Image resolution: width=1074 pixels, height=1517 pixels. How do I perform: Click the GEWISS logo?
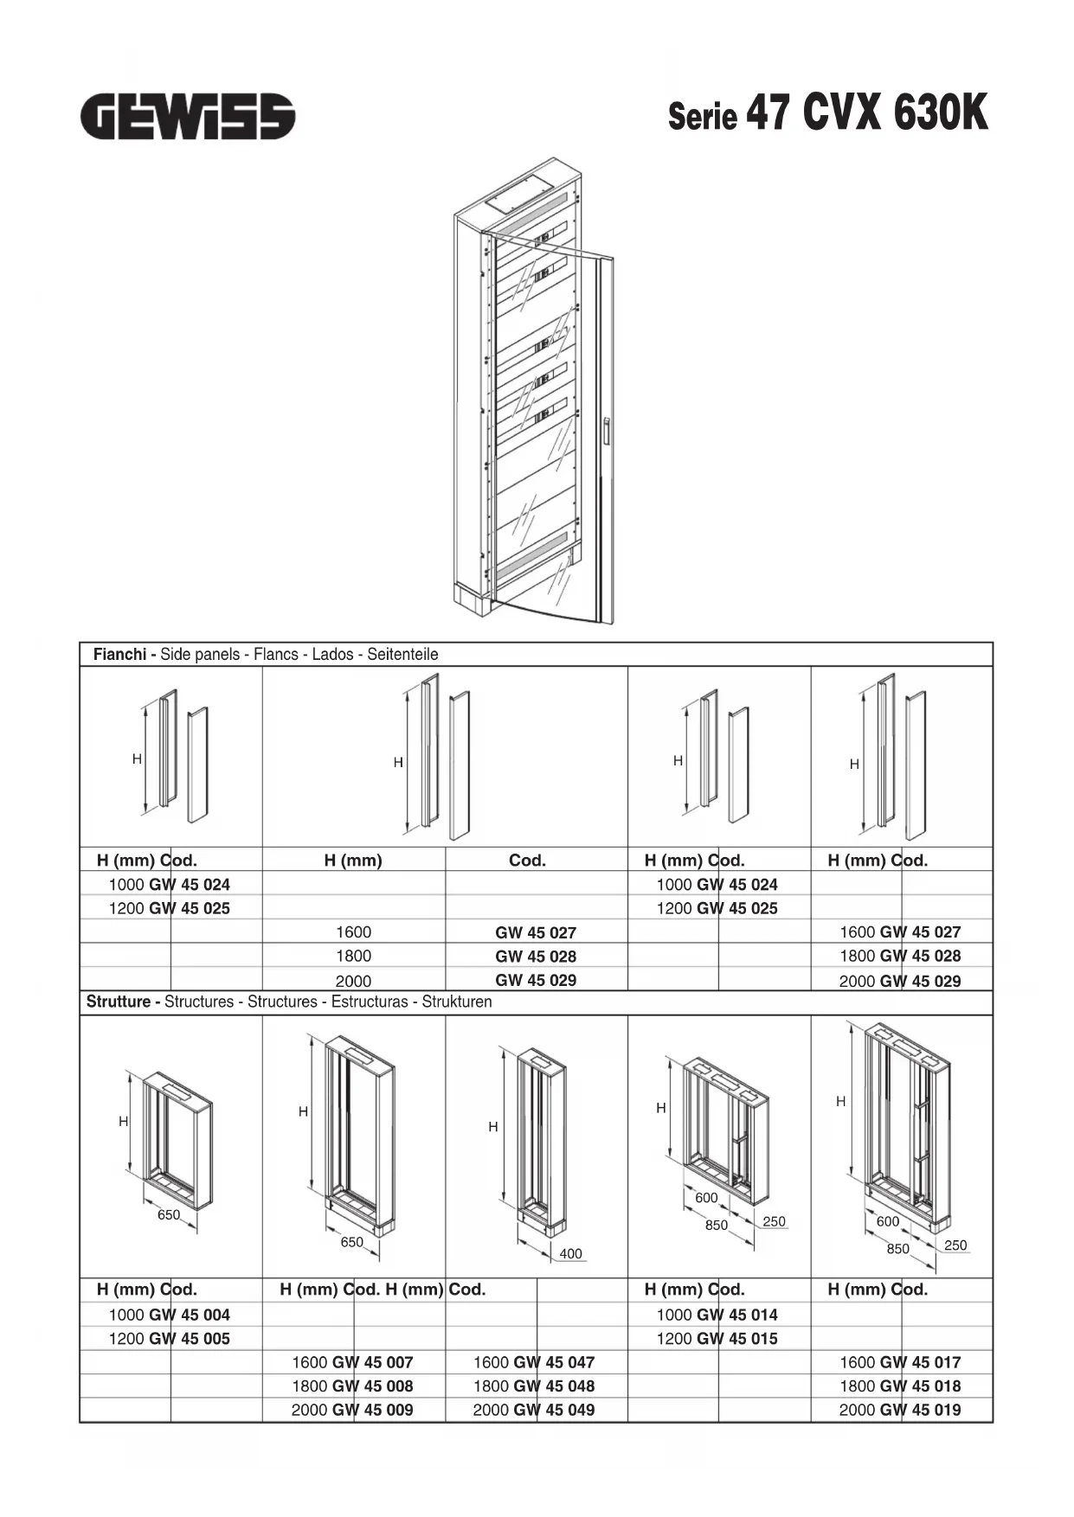point(188,117)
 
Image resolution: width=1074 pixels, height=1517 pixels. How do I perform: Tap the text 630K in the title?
point(940,112)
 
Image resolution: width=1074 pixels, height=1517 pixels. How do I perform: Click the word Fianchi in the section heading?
point(119,655)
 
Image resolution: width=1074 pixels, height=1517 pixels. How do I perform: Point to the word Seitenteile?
point(402,655)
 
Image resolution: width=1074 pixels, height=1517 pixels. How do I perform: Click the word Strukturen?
point(457,1002)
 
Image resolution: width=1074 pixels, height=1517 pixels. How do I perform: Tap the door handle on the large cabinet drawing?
point(608,432)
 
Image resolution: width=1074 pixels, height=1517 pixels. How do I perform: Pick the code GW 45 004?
point(190,1315)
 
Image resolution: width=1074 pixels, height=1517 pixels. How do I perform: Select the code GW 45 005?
point(190,1338)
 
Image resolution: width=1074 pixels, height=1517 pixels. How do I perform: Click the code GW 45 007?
point(372,1362)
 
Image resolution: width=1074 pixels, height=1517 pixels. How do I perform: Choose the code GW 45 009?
point(372,1410)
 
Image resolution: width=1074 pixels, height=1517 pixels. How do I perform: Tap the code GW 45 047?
point(554,1362)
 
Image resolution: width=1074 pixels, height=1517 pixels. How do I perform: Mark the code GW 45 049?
point(554,1410)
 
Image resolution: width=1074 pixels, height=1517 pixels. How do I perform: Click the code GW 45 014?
point(736,1315)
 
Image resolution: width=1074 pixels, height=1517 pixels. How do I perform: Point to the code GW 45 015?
point(736,1338)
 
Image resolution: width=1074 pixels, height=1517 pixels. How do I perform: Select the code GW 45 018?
point(920,1386)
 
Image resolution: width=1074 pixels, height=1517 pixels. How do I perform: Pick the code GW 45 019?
point(920,1410)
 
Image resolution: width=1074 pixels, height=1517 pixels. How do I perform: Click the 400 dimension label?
point(570,1253)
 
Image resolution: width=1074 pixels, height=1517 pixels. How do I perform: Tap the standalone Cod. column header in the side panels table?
point(527,861)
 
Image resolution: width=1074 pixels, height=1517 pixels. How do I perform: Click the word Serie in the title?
point(702,117)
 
